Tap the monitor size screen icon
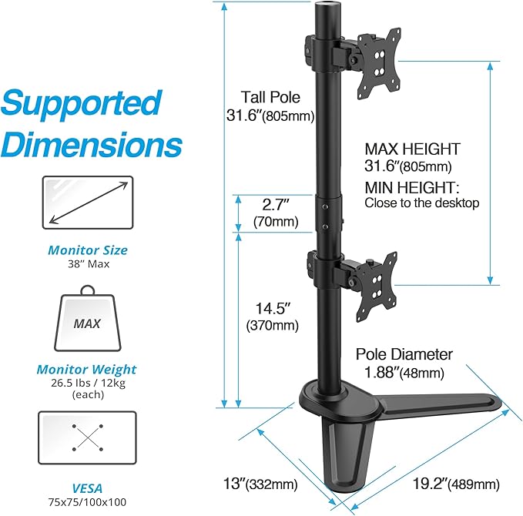pyautogui.click(x=87, y=203)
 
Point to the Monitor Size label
pyautogui.click(x=88, y=250)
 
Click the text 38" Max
pyautogui.click(x=88, y=264)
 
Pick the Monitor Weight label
pyautogui.click(x=87, y=370)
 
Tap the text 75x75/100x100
pyautogui.click(x=87, y=501)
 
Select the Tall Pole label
pyautogui.click(x=270, y=98)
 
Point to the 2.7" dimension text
pyautogui.click(x=275, y=206)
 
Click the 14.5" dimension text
pyautogui.click(x=272, y=308)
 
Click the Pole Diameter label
pyautogui.click(x=404, y=354)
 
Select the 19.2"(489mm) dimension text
pyautogui.click(x=454, y=484)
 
